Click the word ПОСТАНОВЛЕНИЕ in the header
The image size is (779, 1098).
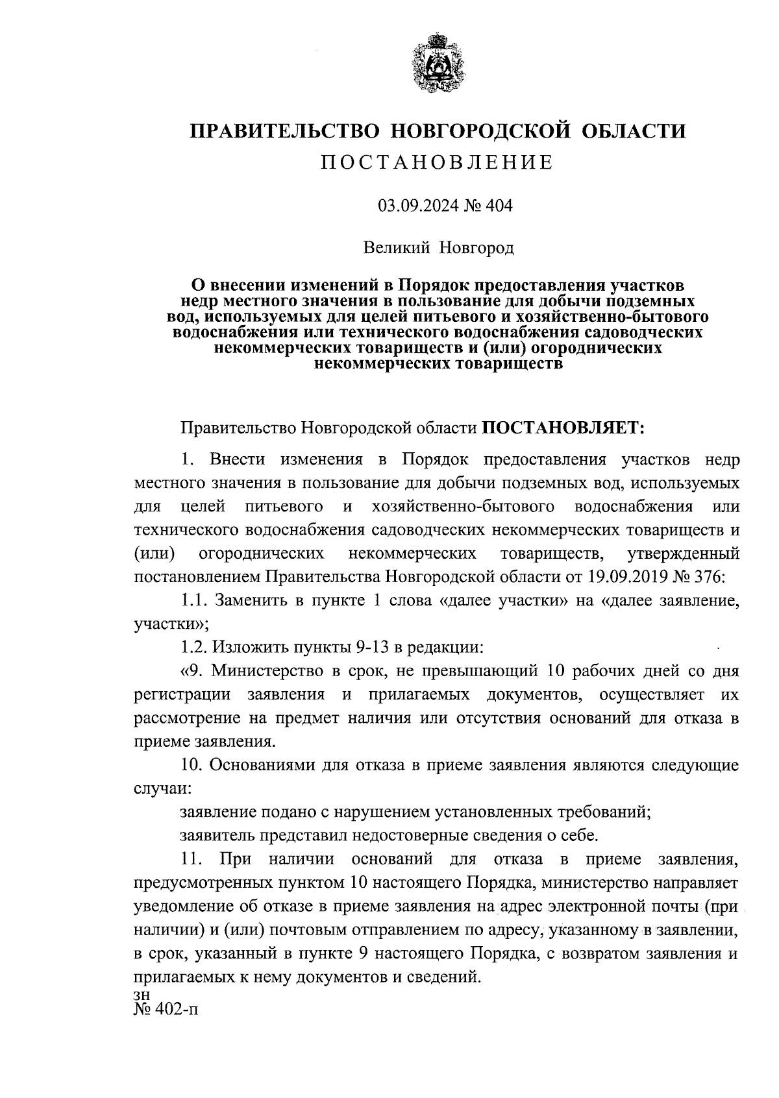click(x=437, y=162)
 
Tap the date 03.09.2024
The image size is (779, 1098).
click(x=420, y=206)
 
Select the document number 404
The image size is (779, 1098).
click(x=498, y=206)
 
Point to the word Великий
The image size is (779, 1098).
click(x=397, y=247)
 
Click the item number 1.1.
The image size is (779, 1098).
click(x=194, y=600)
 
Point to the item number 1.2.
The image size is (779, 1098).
click(x=195, y=647)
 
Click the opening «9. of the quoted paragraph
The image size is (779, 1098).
click(x=191, y=670)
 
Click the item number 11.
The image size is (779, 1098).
click(x=192, y=859)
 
